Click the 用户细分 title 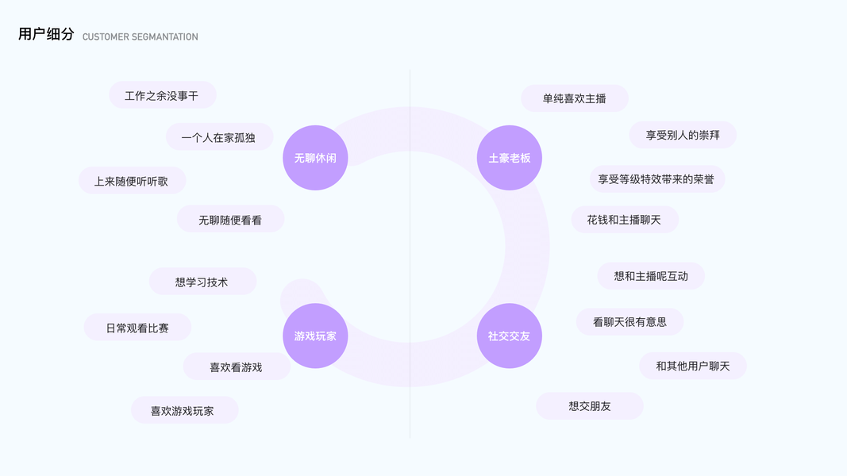[x=46, y=34]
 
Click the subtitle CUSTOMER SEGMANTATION [x=140, y=36]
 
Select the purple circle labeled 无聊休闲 [x=315, y=158]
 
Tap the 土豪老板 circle [x=509, y=158]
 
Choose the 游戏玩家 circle [x=315, y=336]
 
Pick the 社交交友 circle [x=509, y=336]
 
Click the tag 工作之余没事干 [x=162, y=95]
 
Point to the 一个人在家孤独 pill [x=219, y=137]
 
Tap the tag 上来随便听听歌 [x=132, y=181]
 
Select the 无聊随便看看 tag [x=230, y=220]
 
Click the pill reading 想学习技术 [x=202, y=282]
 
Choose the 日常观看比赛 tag [x=137, y=328]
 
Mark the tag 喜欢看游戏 [x=236, y=367]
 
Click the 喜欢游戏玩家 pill [x=183, y=411]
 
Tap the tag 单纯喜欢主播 [x=575, y=98]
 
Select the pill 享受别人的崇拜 [x=683, y=135]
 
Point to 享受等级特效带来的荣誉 [x=656, y=179]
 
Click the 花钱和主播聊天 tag [x=624, y=220]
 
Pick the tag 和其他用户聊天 [x=692, y=366]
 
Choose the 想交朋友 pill [x=590, y=406]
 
